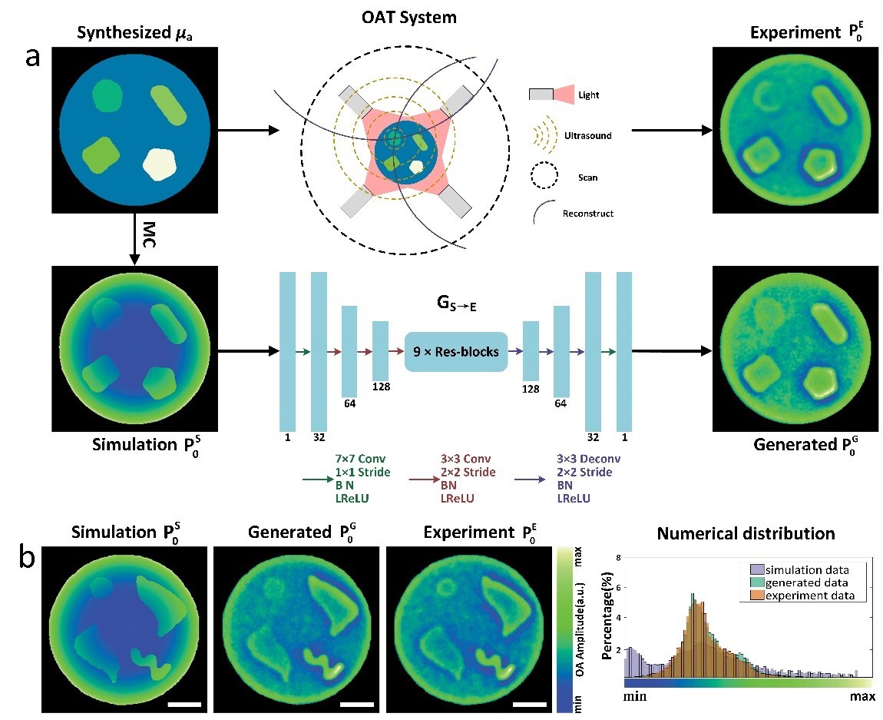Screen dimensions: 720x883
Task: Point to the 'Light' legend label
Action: coord(590,95)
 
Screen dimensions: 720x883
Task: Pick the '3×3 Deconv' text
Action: coord(588,459)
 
